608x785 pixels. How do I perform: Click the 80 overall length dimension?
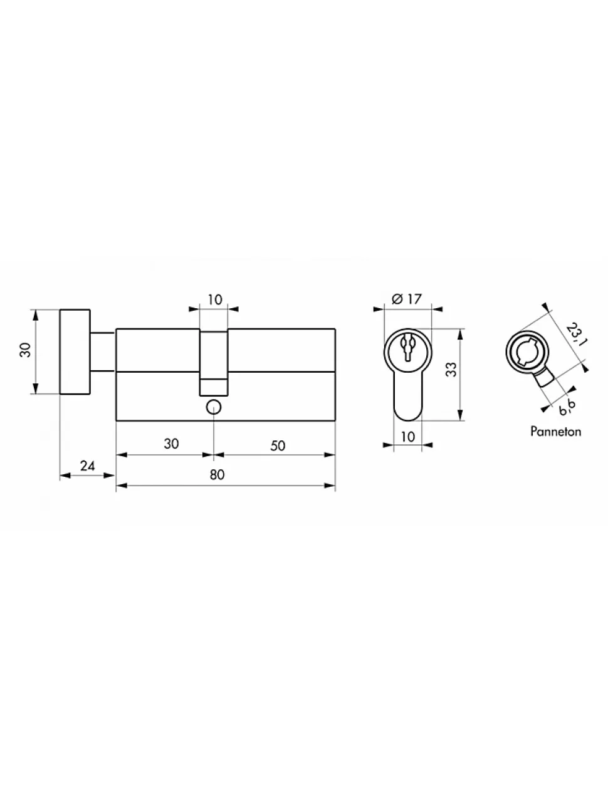coord(217,474)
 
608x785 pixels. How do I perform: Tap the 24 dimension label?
coord(87,466)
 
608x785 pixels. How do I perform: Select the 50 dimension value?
coord(278,446)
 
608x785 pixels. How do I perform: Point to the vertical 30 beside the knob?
coord(25,350)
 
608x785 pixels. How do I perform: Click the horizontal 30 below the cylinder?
coord(171,444)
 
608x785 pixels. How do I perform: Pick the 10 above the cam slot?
coord(215,299)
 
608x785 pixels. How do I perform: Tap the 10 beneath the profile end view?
coord(408,437)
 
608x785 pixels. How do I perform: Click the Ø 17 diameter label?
coord(406,299)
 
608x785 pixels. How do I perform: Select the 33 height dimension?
coord(451,369)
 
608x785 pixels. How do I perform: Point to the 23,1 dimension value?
coord(575,335)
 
